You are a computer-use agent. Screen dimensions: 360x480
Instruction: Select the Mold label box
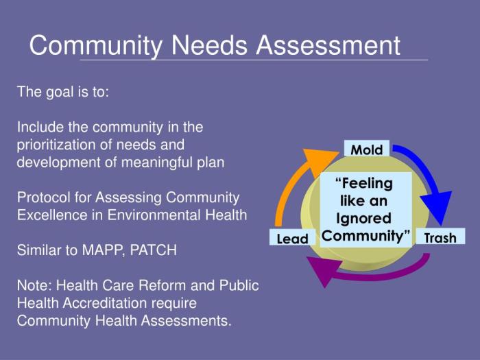pyautogui.click(x=367, y=149)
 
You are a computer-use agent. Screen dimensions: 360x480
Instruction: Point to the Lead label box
pyautogui.click(x=293, y=239)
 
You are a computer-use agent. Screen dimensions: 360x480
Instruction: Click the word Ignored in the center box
pyautogui.click(x=364, y=219)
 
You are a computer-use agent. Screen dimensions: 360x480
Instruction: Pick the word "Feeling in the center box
pyautogui.click(x=365, y=184)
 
